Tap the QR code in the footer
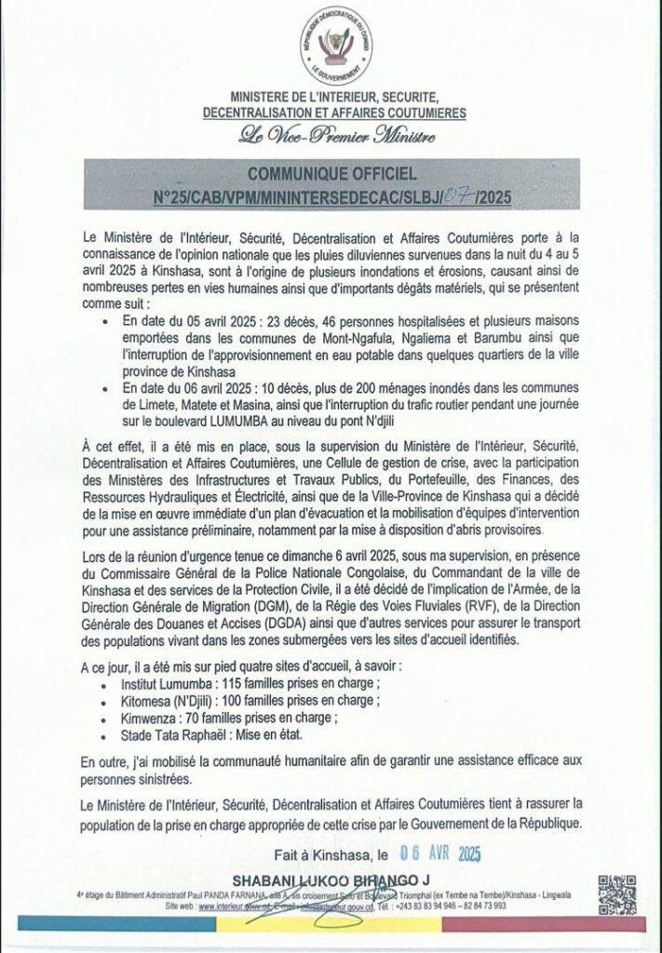pos(616,895)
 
